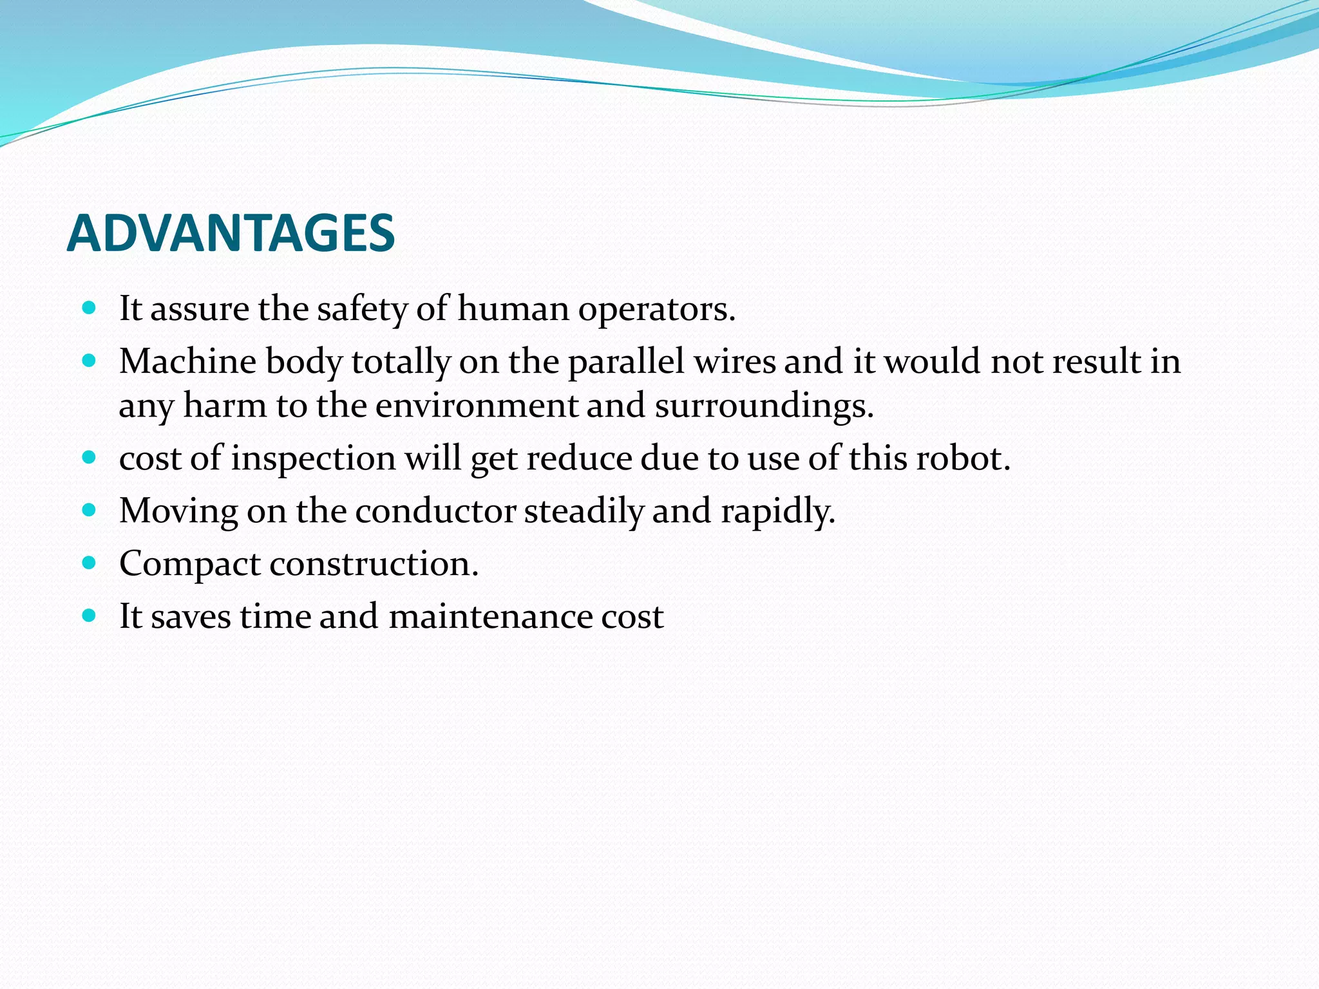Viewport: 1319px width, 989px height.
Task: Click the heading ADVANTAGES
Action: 231,233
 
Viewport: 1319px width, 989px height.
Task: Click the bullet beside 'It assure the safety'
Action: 90,308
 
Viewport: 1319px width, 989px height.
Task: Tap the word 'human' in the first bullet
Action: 513,308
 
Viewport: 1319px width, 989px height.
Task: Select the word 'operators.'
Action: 656,310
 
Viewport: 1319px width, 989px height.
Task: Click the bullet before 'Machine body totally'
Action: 90,360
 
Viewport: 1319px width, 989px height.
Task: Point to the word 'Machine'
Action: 187,361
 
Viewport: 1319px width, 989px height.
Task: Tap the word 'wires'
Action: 735,361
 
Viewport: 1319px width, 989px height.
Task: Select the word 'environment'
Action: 477,406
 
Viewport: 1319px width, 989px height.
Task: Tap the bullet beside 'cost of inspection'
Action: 90,458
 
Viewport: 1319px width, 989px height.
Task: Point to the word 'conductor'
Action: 435,511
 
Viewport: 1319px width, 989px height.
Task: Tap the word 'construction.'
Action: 374,564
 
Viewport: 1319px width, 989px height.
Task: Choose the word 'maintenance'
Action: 490,617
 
